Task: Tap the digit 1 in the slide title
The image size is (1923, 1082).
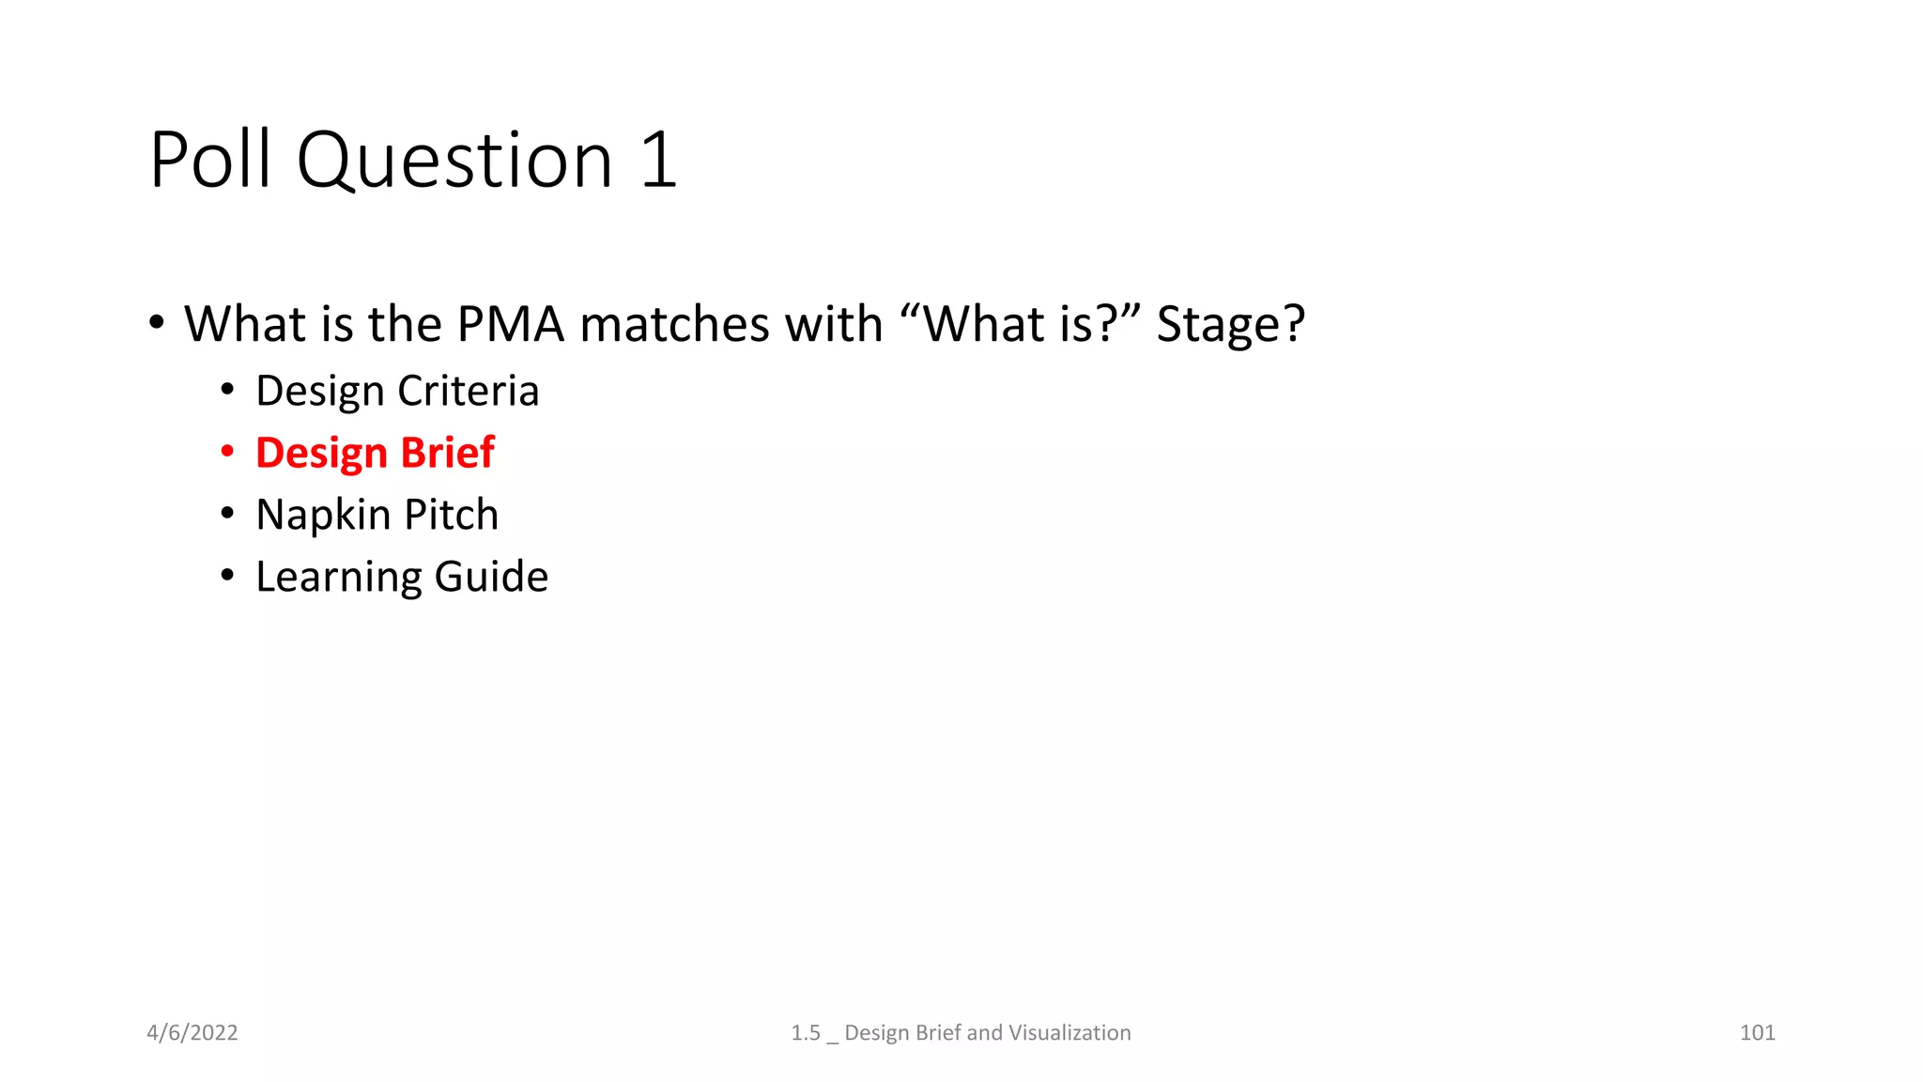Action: click(659, 160)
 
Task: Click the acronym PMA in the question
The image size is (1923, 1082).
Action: click(511, 324)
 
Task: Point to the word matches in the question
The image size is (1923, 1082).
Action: click(674, 324)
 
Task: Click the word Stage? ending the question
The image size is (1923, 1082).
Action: click(1230, 325)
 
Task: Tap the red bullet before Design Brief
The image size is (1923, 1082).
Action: click(227, 453)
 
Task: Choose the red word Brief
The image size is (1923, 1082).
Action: click(448, 453)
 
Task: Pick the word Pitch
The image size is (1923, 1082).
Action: click(452, 515)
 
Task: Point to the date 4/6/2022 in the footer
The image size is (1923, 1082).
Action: click(192, 1032)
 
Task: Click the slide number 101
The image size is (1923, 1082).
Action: click(1757, 1032)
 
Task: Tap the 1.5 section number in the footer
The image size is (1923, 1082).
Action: click(805, 1032)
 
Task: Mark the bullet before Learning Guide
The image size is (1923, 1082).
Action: click(227, 576)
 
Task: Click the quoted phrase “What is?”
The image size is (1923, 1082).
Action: click(1018, 324)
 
